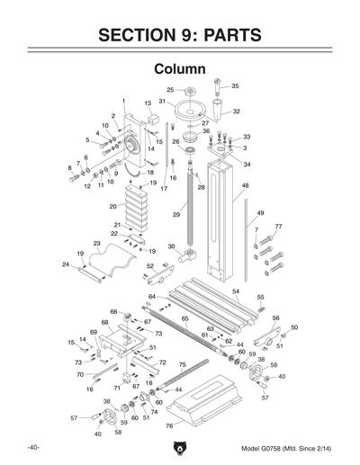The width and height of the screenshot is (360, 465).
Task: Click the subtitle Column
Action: tap(180, 69)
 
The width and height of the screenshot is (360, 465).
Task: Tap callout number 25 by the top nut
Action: tap(169, 90)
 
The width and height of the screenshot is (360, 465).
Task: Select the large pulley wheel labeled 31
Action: tap(192, 110)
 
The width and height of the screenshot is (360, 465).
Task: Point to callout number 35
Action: tap(235, 85)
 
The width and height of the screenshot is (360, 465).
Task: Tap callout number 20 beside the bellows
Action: tap(112, 206)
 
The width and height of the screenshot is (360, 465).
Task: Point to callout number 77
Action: tap(278, 227)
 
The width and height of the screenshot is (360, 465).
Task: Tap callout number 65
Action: tap(184, 318)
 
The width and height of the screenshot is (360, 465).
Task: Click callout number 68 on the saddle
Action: tap(104, 322)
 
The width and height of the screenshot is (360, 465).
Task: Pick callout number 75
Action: tap(182, 364)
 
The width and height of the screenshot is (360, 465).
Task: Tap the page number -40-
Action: tap(32, 447)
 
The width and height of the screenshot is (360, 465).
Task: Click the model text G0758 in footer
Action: tap(280, 447)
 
